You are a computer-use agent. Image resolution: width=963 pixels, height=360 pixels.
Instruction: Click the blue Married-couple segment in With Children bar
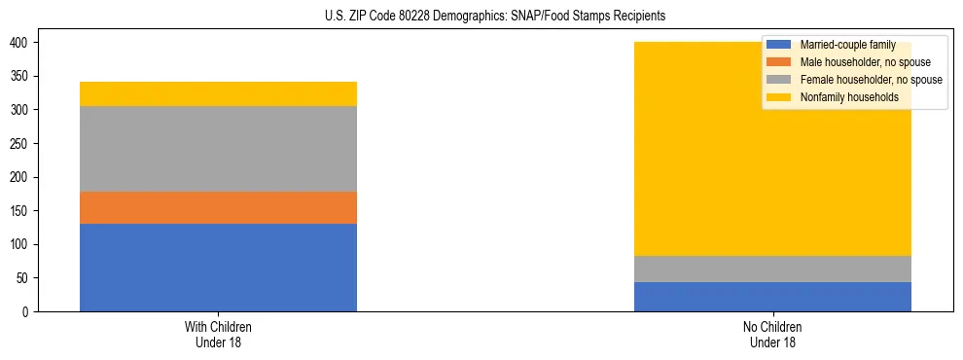(x=218, y=268)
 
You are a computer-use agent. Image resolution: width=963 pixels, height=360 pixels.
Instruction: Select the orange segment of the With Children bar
(x=218, y=207)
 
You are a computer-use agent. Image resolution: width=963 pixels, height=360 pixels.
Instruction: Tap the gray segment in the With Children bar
(x=218, y=149)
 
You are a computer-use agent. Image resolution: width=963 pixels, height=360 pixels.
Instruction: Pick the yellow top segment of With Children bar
(x=218, y=93)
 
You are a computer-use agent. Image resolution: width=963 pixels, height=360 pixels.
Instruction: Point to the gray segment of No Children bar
(x=772, y=269)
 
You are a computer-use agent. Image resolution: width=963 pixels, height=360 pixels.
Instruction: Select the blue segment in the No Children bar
(x=772, y=297)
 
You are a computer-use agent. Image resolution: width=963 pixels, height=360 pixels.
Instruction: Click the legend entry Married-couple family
(x=845, y=45)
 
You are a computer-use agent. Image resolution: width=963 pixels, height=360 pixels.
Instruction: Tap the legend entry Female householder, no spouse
(x=861, y=80)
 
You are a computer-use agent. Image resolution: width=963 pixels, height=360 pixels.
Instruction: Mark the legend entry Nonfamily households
(x=841, y=97)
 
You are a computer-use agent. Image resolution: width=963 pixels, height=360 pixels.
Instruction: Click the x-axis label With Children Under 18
(x=218, y=334)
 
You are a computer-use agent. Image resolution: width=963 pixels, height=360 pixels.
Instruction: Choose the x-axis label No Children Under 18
(x=772, y=334)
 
